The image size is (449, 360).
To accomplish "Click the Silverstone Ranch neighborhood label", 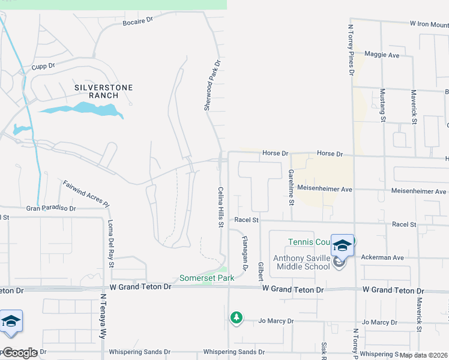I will [103, 91].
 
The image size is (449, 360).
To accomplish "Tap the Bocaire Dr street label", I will [138, 20].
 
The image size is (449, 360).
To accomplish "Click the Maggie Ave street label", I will [381, 55].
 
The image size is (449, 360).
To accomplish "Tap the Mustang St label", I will [382, 106].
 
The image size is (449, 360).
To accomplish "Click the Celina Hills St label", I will [220, 207].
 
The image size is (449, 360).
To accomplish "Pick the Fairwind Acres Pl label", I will [86, 193].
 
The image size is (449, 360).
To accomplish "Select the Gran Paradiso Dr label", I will [51, 209].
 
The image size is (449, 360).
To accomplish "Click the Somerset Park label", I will [206, 278].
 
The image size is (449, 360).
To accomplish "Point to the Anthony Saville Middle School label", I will [301, 262].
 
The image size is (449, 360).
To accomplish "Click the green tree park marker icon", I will [237, 317].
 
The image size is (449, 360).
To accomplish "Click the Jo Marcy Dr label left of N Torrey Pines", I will [276, 322].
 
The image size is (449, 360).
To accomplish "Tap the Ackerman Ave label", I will [382, 257].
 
